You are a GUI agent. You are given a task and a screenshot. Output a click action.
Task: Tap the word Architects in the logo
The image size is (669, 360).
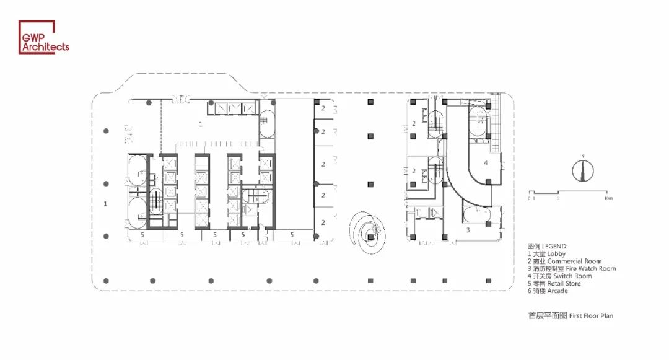point(46,46)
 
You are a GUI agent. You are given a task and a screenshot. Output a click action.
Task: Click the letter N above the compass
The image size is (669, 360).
point(582,156)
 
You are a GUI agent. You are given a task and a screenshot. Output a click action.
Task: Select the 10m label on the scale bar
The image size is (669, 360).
point(608,199)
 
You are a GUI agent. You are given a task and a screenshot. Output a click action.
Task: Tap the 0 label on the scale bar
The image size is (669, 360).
point(529,199)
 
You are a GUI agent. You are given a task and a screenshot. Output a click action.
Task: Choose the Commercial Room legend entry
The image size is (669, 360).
point(564,261)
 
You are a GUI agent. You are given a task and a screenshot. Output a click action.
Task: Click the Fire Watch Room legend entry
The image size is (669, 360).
point(572,268)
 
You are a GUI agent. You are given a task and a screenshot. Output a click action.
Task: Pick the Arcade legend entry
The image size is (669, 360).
point(548,291)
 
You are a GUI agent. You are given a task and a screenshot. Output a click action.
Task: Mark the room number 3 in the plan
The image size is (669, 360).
point(468,230)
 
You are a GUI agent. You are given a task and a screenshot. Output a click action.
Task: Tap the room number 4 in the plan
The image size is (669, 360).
point(486,163)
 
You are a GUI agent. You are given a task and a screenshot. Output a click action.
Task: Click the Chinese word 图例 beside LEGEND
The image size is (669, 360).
point(534,246)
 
